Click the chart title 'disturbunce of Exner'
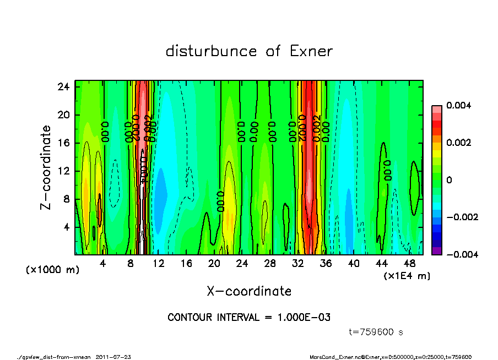coord(249,52)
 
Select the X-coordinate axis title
coord(249,291)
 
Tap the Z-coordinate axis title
coord(46,167)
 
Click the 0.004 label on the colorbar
coord(459,105)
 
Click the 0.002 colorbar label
coord(459,143)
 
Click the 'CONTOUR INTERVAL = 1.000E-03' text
coord(249,318)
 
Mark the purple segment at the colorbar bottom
coord(436,251)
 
